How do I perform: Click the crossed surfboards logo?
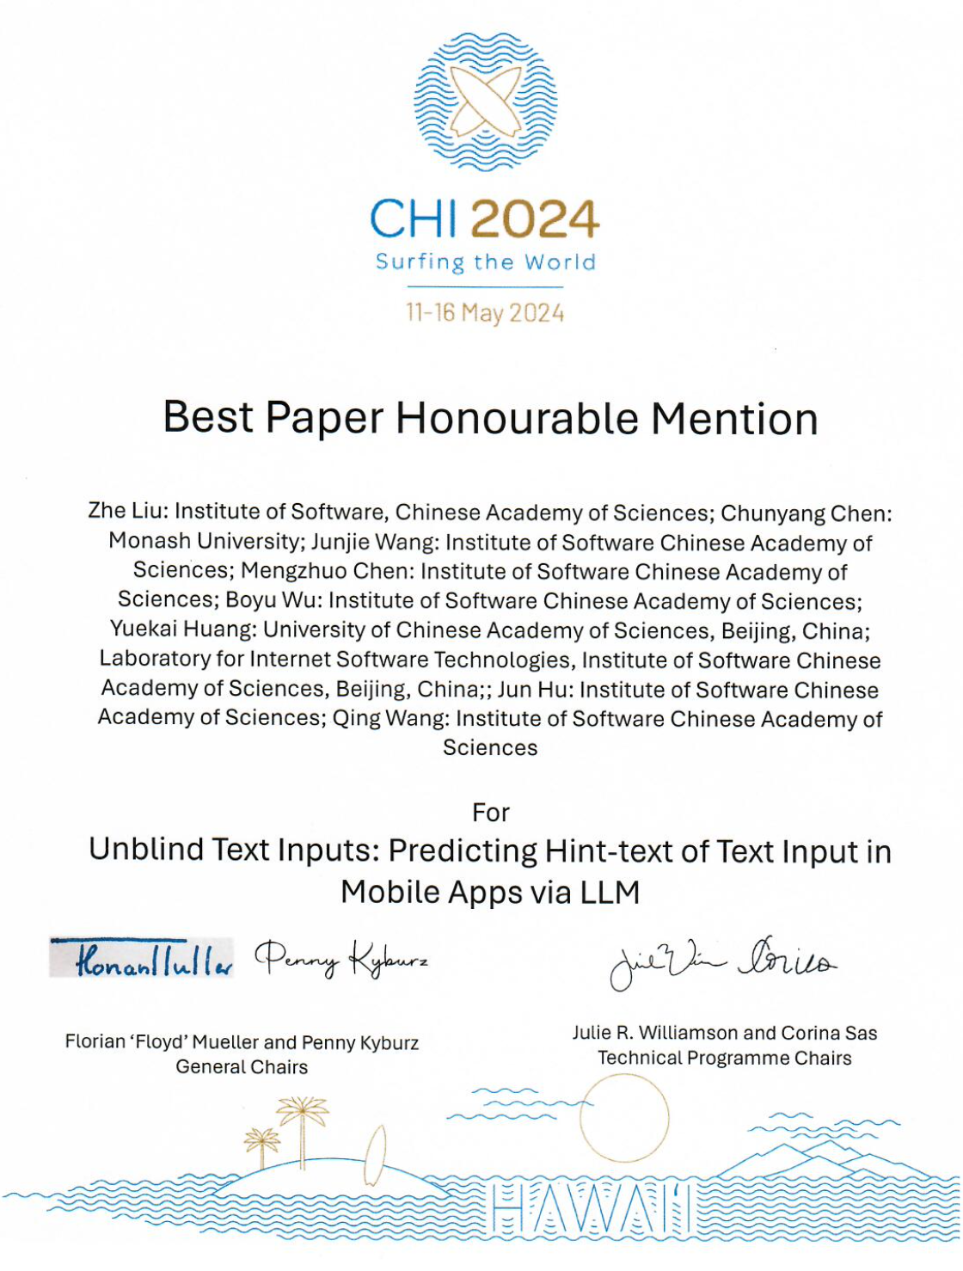pos(486,101)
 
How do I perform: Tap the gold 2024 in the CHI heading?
pos(535,219)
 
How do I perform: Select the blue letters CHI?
pos(414,219)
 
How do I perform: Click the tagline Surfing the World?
pos(486,262)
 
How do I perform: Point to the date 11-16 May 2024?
pos(486,312)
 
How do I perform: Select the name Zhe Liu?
pos(127,511)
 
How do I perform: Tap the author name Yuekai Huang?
pos(182,629)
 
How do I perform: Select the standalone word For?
pos(491,813)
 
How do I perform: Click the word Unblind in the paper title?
pos(146,850)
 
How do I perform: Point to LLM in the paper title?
pos(610,893)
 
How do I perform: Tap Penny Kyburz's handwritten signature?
pos(341,958)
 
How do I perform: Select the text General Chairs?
pos(242,1067)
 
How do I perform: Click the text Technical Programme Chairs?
pos(725,1059)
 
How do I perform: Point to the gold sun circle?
pos(624,1119)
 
